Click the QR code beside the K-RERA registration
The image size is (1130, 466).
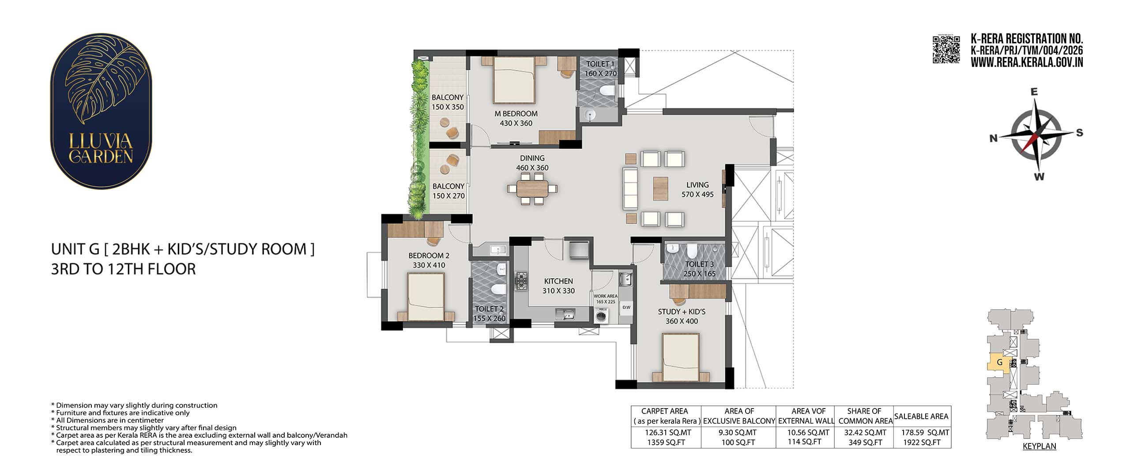pos(946,50)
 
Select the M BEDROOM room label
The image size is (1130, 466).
pos(516,114)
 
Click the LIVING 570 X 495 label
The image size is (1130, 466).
pos(697,189)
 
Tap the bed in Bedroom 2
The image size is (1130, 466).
pos(426,296)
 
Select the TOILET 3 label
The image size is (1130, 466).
pos(699,264)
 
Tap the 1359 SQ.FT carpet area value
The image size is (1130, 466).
pos(665,442)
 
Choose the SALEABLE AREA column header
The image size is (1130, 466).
pos(921,416)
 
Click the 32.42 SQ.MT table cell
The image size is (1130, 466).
pos(865,432)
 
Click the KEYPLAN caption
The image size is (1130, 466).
pos(1040,446)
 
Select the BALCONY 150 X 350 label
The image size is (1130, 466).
pos(448,102)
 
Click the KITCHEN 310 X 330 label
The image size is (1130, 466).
pos(558,286)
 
